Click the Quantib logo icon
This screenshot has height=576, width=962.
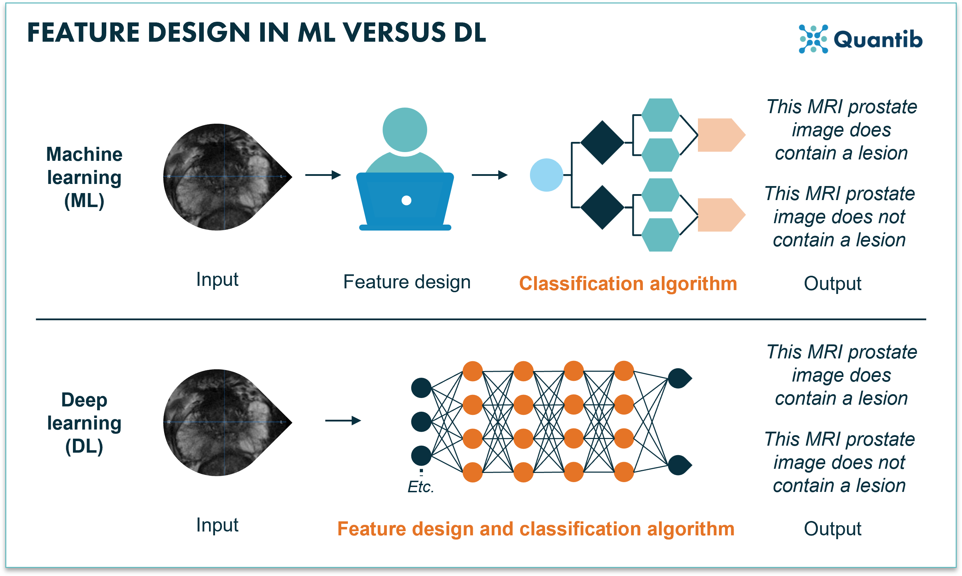coord(813,39)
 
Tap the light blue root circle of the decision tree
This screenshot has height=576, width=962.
coord(546,175)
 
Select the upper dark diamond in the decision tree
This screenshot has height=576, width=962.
coord(602,143)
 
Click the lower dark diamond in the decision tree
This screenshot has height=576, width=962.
coord(602,207)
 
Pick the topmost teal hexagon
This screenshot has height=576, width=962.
coord(660,115)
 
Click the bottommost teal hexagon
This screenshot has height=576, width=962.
coord(660,235)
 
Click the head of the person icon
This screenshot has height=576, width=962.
coord(404,130)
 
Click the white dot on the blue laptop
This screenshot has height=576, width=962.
coord(406,200)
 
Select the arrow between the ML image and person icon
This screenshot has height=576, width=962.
coord(323,175)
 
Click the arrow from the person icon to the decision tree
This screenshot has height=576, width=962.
coord(489,175)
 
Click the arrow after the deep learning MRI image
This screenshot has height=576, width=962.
coord(343,420)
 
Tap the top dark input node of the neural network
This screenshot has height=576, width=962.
coord(421,388)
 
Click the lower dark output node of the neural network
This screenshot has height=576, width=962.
coord(679,465)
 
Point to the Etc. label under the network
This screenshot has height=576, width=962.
coord(421,487)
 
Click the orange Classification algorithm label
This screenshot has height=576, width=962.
coord(628,283)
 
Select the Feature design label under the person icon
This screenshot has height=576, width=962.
coord(406,282)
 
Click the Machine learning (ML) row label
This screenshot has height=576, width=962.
coord(84,177)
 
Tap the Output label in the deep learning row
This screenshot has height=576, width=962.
coord(832,529)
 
